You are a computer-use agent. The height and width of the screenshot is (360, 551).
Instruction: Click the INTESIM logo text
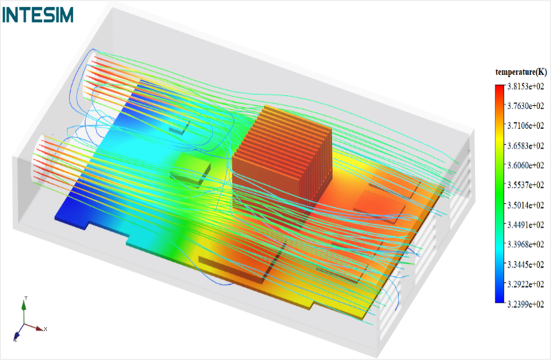(x=38, y=15)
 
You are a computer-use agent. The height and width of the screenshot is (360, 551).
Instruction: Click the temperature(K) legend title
(x=521, y=72)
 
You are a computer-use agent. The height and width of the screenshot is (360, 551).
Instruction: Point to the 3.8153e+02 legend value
(x=525, y=86)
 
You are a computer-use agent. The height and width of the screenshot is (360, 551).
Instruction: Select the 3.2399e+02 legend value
(x=525, y=304)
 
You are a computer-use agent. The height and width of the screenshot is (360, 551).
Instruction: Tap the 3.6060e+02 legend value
(x=525, y=166)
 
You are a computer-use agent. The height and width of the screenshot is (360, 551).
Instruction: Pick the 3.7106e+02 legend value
(x=525, y=126)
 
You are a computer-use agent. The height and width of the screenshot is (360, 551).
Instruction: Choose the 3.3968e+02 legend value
(x=525, y=245)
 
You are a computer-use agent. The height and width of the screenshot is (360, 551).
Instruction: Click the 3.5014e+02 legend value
(x=525, y=206)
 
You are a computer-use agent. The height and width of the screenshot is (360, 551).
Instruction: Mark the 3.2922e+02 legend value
(x=525, y=285)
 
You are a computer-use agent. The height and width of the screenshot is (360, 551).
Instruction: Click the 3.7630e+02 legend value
(x=525, y=106)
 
